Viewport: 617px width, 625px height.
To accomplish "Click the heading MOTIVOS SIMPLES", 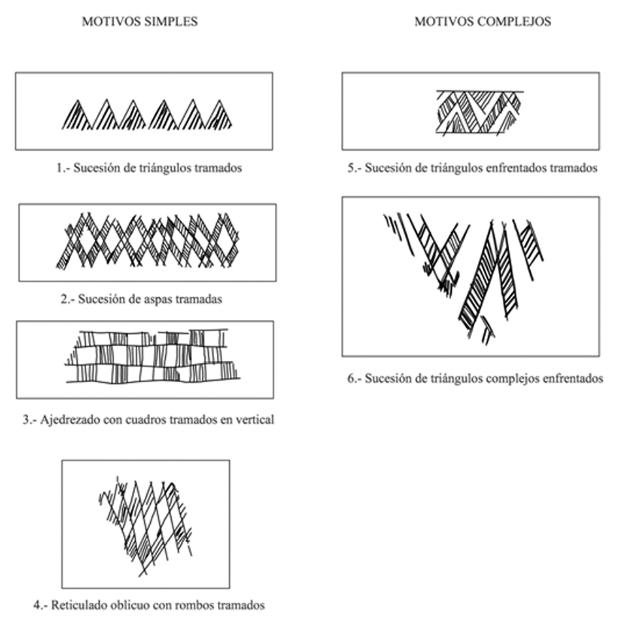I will (x=140, y=22).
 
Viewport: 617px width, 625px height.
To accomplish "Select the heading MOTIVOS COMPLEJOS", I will (x=483, y=22).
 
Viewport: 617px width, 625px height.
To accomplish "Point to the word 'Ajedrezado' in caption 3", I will (x=67, y=419).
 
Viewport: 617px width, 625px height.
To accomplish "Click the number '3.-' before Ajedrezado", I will (x=29, y=419).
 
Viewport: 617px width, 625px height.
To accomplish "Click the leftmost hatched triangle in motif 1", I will (x=77, y=116).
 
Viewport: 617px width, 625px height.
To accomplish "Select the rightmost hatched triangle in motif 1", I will (x=219, y=116).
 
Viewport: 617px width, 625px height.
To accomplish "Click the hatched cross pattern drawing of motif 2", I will (x=148, y=240).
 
